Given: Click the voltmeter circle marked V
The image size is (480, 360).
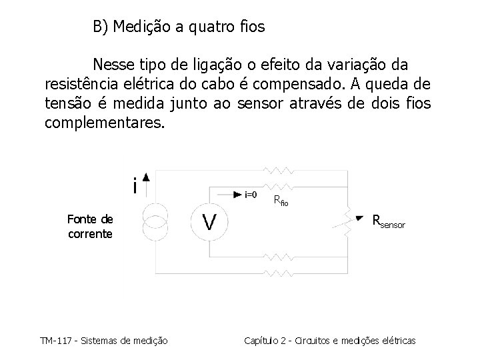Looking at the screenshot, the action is coord(209,223).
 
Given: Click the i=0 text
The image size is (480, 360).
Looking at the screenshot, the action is coord(251,194).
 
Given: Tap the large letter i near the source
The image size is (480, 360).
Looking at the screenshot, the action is coord(135,186).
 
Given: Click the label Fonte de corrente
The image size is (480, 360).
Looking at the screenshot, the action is coord(91,227).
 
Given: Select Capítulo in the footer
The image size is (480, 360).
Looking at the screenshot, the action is coord(263,341).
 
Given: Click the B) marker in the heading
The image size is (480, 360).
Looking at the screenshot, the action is coord(101,27).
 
